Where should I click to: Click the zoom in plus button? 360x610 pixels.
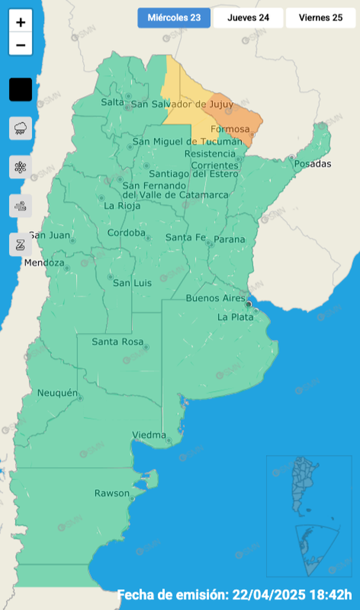click(21, 22)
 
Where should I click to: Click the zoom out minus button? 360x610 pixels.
click(21, 45)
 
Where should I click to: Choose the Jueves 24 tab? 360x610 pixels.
click(248, 18)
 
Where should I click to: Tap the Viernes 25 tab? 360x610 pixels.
click(320, 18)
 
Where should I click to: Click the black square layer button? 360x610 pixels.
click(21, 90)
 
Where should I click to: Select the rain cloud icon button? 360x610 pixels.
click(21, 128)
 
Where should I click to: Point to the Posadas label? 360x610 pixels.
click(313, 163)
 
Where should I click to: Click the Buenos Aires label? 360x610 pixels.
click(215, 299)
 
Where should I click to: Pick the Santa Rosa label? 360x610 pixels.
click(117, 342)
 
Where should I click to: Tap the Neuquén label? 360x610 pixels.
click(57, 393)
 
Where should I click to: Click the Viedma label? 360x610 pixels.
click(149, 435)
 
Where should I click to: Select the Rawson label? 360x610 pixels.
click(112, 493)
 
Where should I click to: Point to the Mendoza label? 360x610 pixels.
click(44, 263)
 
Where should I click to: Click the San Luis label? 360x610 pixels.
click(132, 283)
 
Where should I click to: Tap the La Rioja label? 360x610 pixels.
click(122, 206)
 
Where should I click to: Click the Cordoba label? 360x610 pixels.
click(126, 233)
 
